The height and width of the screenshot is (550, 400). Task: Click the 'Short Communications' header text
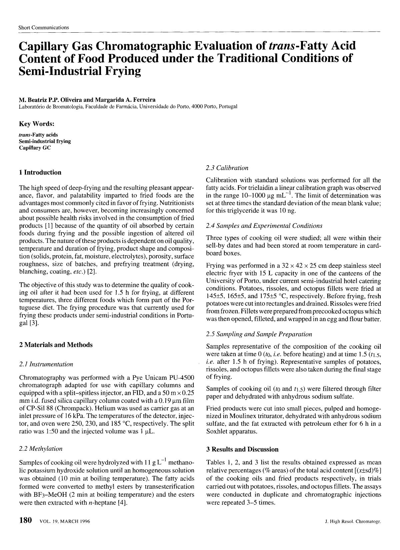tap(44, 28)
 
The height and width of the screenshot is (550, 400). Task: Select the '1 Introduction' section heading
tap(40, 173)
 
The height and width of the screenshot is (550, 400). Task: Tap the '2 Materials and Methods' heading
tap(56, 345)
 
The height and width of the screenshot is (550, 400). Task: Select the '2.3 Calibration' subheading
tap(227, 168)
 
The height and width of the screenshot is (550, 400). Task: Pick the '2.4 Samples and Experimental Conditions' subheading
tap(264, 226)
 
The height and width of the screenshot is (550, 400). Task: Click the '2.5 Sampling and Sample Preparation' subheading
tap(259, 334)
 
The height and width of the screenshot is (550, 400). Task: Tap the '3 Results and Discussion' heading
tap(242, 449)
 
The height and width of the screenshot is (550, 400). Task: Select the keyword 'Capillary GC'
tap(35, 148)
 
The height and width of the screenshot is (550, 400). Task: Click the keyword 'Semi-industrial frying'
tap(45, 141)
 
